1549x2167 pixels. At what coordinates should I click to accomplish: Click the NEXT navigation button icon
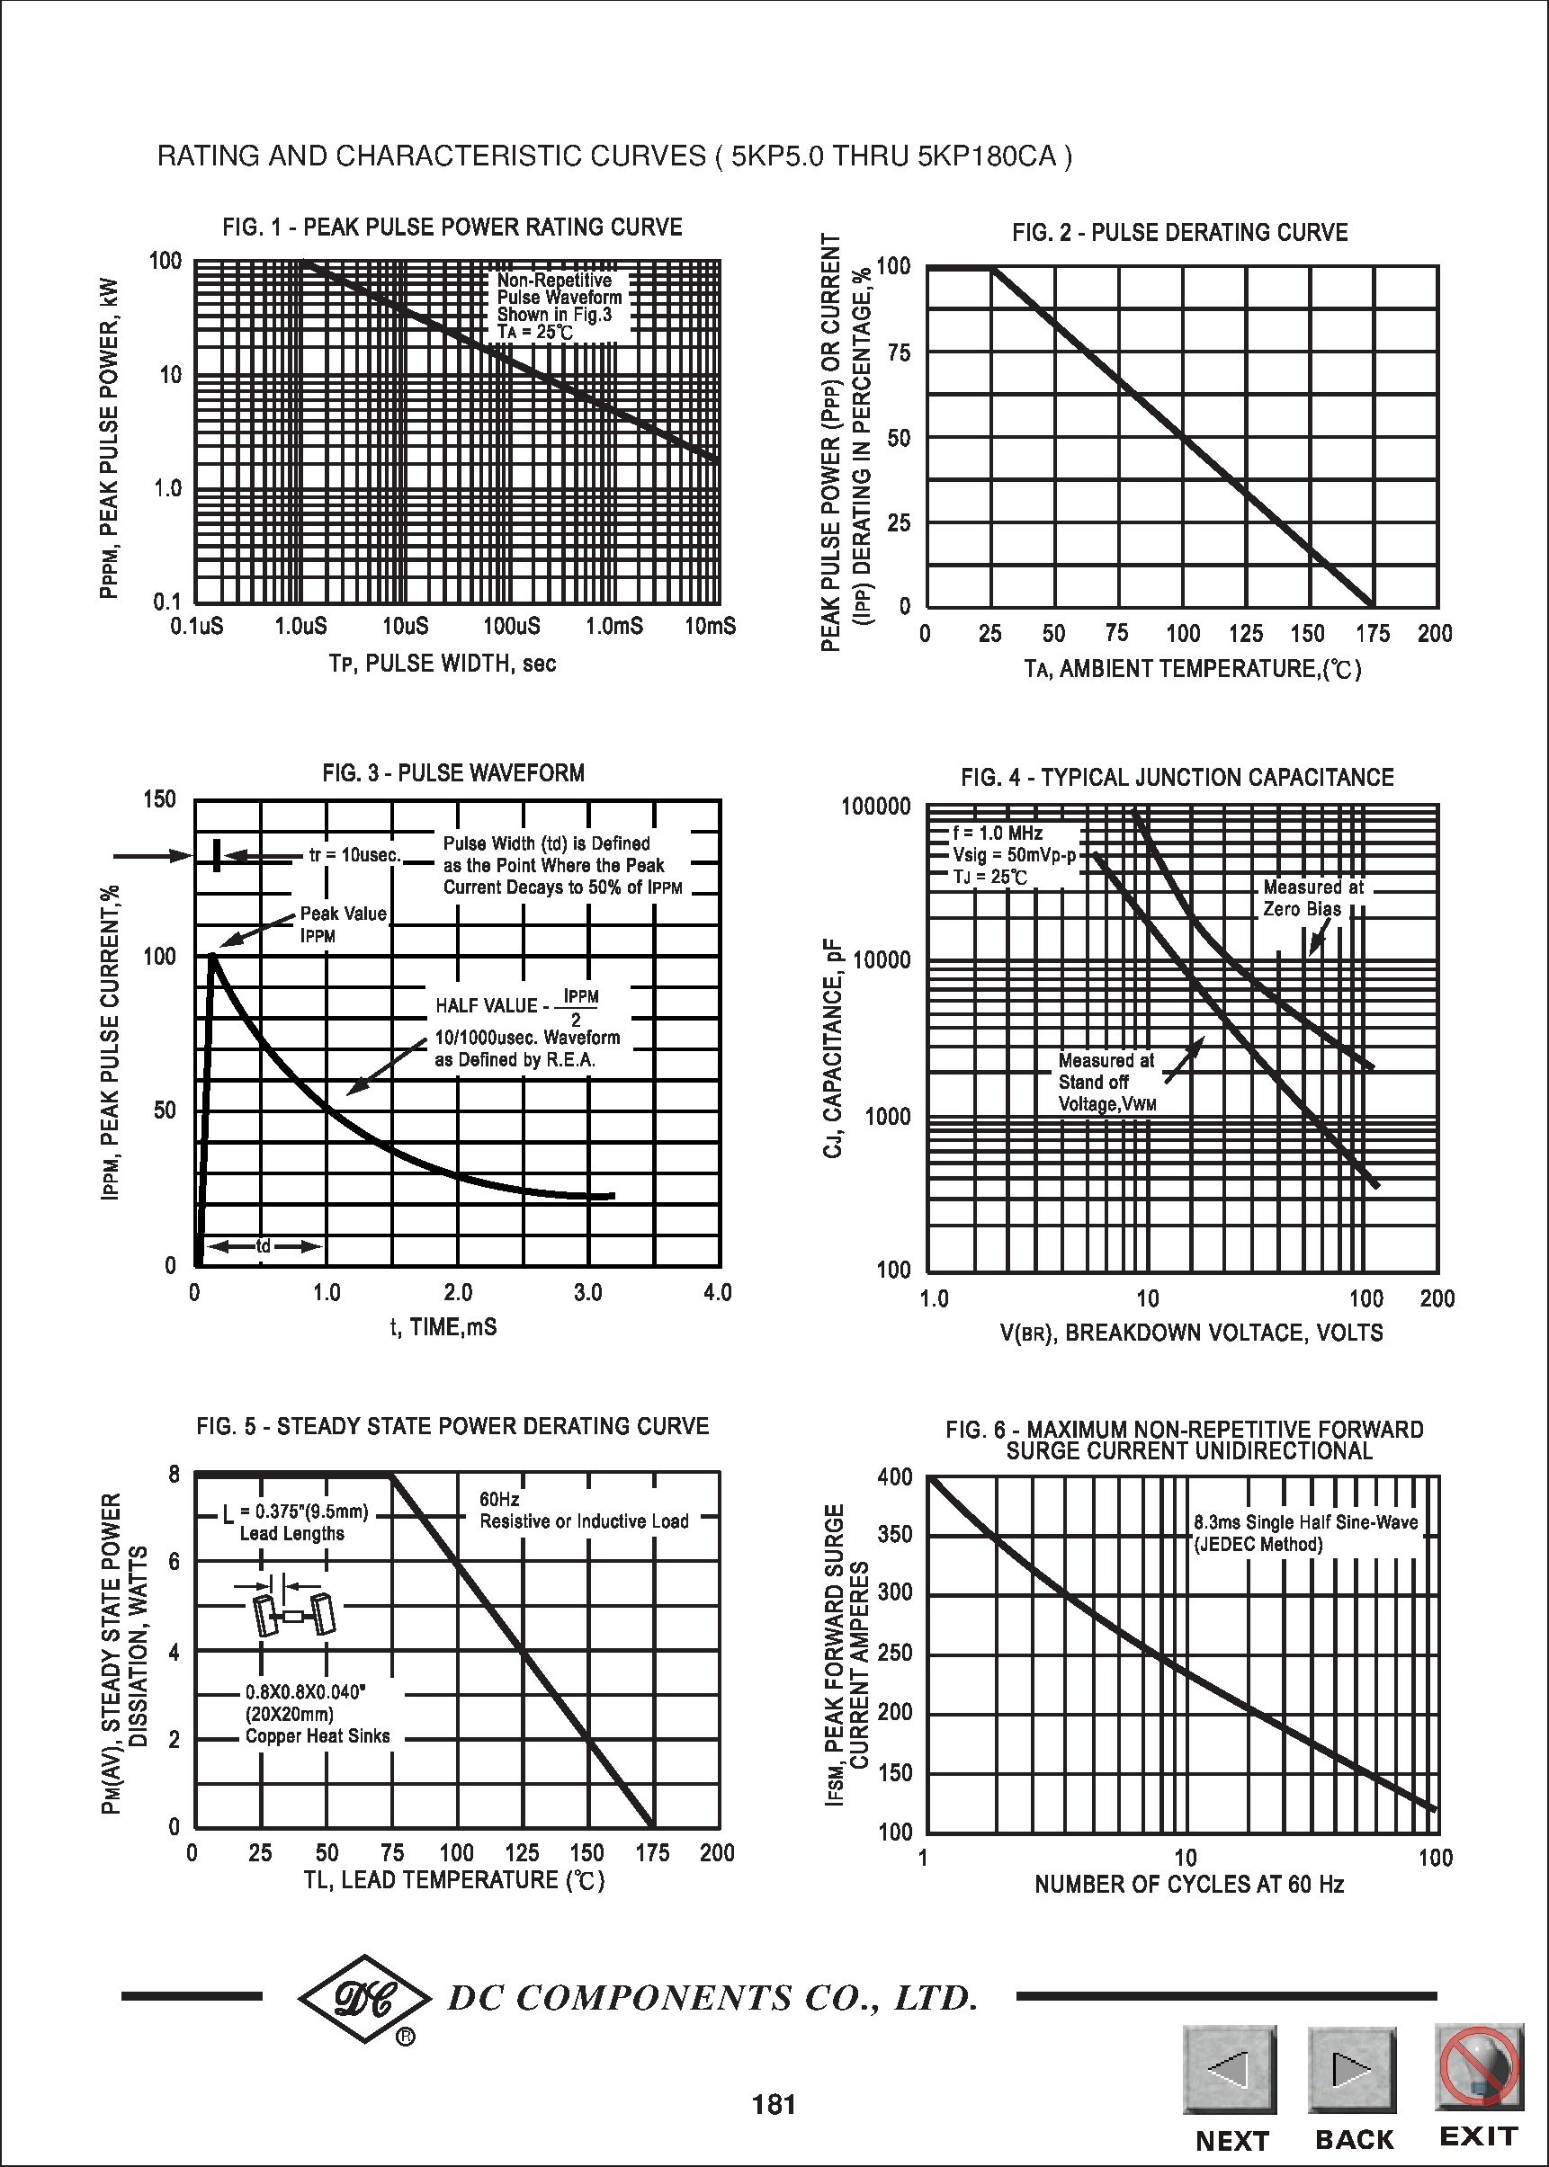click(1230, 2069)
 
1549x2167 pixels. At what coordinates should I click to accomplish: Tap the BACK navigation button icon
click(1352, 2069)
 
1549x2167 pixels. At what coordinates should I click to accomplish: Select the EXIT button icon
click(1477, 2066)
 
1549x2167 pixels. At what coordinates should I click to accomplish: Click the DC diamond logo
click(364, 1998)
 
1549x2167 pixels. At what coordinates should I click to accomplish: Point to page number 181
click(774, 2104)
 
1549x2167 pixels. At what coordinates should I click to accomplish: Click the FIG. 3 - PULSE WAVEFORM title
click(453, 772)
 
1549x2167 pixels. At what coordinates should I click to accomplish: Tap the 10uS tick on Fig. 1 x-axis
click(406, 627)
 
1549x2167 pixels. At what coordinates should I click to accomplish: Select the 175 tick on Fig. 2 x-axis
click(1372, 634)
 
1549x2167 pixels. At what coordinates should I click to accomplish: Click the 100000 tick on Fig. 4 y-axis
click(875, 807)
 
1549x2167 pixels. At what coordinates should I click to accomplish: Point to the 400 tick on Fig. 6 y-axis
click(895, 1476)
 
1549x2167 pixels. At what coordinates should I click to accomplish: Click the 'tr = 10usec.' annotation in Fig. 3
click(354, 855)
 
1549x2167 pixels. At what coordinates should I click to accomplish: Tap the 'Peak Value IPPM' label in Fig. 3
click(343, 923)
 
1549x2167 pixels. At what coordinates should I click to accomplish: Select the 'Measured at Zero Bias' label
click(1312, 898)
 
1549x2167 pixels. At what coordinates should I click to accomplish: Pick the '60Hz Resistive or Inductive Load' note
click(583, 1510)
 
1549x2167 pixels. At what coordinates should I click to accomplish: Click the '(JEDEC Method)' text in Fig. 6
click(1259, 1545)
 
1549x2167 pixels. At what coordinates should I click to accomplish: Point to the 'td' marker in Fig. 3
click(264, 1246)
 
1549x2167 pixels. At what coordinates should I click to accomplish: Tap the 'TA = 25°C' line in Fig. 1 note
click(535, 332)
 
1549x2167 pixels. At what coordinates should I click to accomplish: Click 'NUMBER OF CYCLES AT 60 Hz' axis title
click(1188, 1884)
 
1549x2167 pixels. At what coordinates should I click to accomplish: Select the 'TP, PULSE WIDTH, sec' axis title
click(443, 664)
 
